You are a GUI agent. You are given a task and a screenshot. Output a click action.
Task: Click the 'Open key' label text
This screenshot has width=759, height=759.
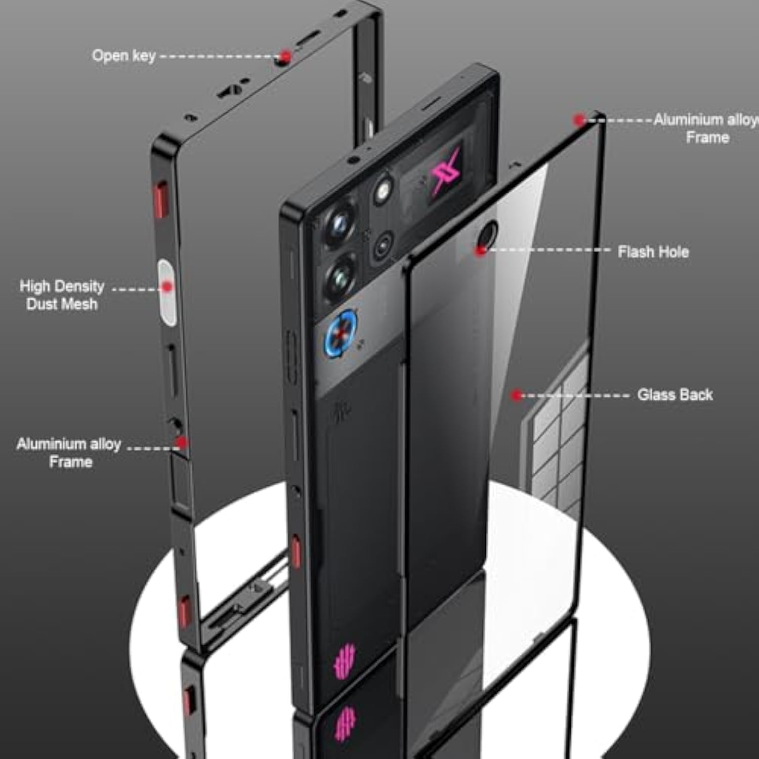coord(123,55)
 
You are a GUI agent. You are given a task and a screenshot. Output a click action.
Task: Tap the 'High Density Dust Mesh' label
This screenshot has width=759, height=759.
coord(62,294)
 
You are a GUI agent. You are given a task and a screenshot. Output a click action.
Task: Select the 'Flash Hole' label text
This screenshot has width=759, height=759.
coord(653,251)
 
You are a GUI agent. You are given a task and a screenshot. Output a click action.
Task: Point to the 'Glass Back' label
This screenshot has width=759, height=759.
coord(674,394)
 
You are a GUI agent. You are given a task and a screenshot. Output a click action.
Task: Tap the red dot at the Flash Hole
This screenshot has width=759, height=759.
coord(481,250)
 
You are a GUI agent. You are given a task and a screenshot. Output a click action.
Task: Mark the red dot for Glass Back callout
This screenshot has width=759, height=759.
coord(516,395)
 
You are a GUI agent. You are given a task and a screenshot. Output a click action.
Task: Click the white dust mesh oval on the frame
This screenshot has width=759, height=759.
coord(167,292)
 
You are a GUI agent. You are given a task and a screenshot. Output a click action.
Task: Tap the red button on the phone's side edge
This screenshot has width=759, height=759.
coord(296,552)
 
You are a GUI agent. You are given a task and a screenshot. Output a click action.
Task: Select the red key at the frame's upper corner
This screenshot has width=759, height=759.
coord(161,198)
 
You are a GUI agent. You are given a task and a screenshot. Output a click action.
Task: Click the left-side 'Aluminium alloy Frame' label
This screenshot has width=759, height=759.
coord(69,452)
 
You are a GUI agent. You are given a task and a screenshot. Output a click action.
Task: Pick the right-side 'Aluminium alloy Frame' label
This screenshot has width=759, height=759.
coord(706,128)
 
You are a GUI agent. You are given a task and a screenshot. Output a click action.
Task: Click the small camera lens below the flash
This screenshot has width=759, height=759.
coord(383,246)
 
